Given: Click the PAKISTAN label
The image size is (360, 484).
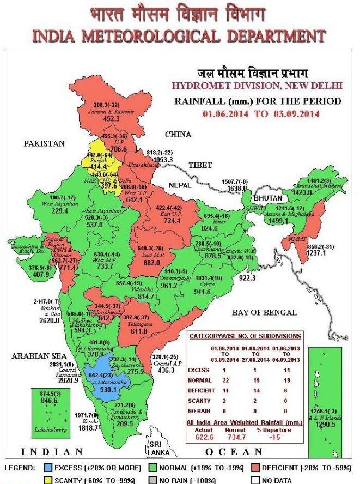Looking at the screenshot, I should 44,143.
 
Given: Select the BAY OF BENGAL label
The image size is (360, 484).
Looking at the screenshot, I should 264,312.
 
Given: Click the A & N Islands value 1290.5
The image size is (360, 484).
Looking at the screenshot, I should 327,423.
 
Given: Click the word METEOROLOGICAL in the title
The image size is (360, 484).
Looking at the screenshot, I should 155,37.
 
